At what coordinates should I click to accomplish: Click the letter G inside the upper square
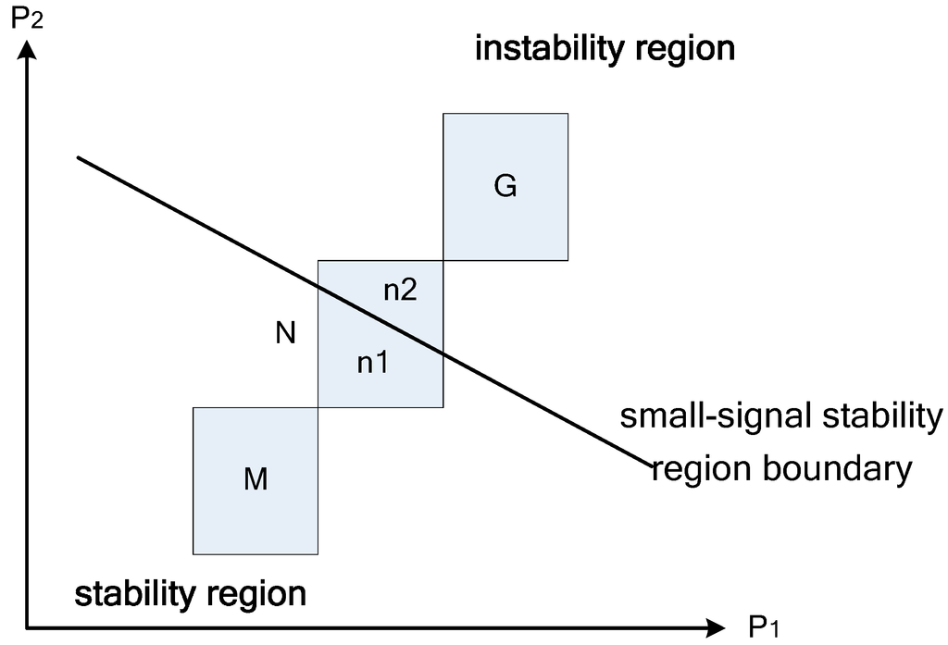pyautogui.click(x=505, y=186)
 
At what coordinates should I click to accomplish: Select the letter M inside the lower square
pyautogui.click(x=256, y=479)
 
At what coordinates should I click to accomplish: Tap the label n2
pyautogui.click(x=400, y=291)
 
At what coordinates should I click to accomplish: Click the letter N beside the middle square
pyautogui.click(x=286, y=333)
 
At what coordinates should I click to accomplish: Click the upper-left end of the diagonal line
pyautogui.click(x=79, y=158)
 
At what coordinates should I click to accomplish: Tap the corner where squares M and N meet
pyautogui.click(x=318, y=407)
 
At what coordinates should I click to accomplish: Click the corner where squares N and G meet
pyautogui.click(x=443, y=261)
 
